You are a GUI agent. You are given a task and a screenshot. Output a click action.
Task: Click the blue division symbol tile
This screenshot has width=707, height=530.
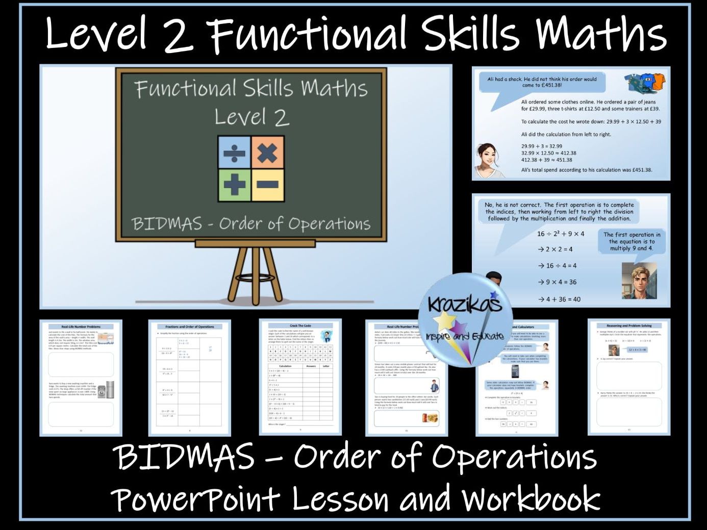coord(234,153)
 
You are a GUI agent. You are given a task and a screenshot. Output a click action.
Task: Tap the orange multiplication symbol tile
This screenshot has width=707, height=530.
coord(267,153)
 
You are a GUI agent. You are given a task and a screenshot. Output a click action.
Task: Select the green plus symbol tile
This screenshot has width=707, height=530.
coord(234,185)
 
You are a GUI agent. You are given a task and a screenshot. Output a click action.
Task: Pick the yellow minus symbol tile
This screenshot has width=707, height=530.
coord(267,185)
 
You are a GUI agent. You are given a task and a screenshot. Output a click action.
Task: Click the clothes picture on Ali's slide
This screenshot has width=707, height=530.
coord(645,82)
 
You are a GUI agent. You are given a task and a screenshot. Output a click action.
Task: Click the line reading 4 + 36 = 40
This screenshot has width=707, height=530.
coord(559,299)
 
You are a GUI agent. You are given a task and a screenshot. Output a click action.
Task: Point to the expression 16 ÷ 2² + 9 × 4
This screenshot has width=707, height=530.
coord(561,234)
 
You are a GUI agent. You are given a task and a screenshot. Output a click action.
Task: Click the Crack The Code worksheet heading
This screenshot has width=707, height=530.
coord(300,325)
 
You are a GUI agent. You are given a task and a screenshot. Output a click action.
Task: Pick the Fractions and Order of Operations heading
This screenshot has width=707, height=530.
coord(190,326)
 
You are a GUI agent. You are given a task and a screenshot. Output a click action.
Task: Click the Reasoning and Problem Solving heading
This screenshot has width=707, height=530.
coord(629,325)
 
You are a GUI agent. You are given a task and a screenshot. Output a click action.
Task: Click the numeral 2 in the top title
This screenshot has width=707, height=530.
coord(179,35)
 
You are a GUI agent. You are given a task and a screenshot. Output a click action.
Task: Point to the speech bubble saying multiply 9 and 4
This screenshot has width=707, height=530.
coord(632,241)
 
